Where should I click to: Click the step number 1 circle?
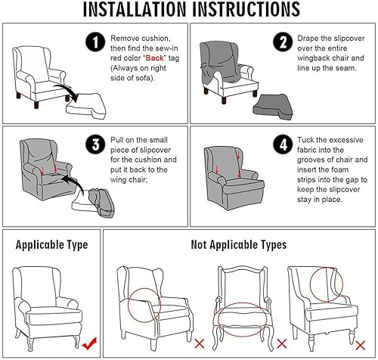95,42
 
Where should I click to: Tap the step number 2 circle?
283,42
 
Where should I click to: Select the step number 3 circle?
95,144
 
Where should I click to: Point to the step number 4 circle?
283,144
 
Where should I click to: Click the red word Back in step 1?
155,58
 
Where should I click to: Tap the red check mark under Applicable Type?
89,343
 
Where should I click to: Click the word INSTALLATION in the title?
135,9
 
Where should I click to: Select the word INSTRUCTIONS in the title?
246,9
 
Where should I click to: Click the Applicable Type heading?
51,245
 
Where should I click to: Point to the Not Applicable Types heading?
239,245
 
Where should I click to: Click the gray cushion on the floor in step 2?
273,107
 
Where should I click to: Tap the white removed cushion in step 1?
85,106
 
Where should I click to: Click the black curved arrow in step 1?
67,92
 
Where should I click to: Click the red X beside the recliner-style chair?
200,343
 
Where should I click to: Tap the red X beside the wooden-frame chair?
282,343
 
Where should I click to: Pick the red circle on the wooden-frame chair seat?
242,303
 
